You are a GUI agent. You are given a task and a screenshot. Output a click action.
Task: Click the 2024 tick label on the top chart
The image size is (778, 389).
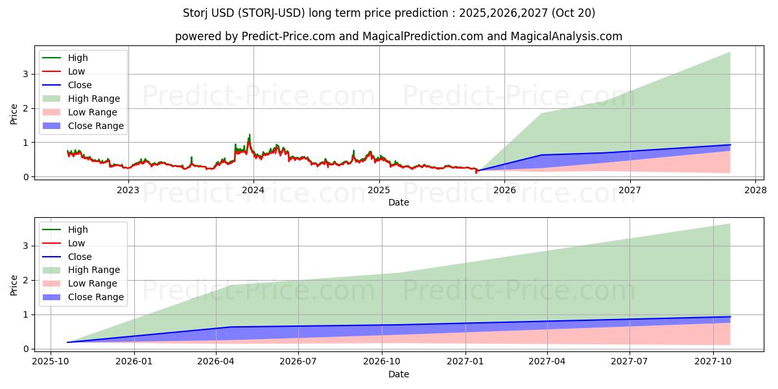coord(253,190)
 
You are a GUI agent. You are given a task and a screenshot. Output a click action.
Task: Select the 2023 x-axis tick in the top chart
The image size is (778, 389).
coord(128,190)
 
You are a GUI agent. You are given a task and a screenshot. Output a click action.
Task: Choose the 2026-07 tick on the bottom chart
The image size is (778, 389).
coord(298,362)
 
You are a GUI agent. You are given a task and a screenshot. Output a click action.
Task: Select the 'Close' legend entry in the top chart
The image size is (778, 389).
coord(80,85)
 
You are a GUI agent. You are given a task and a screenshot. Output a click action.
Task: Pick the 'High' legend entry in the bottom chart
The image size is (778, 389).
coord(78,230)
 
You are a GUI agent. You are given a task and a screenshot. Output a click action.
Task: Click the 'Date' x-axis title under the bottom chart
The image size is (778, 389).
coord(399,374)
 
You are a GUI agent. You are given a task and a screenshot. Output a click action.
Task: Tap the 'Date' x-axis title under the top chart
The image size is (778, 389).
coord(399,202)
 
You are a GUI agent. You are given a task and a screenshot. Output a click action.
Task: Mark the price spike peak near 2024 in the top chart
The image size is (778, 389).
coord(249,135)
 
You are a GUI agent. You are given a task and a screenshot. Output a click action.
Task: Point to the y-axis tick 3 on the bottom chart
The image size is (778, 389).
coord(27,246)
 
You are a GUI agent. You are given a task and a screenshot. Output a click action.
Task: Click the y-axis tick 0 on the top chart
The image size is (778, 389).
coord(27,176)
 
